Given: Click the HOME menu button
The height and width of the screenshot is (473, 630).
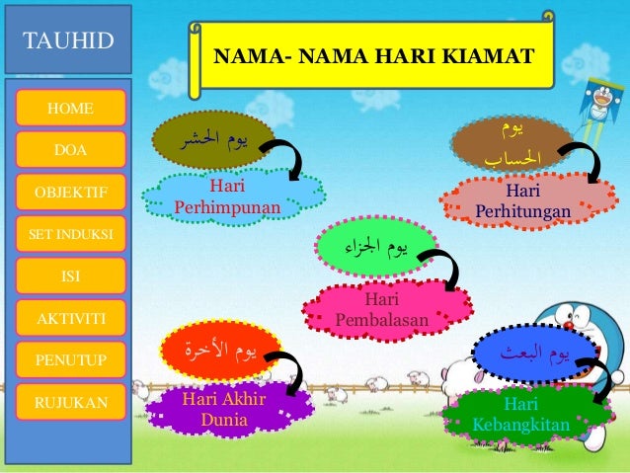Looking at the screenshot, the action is pyautogui.click(x=70, y=107).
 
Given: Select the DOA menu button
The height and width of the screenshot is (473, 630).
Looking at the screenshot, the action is pyautogui.click(x=70, y=148).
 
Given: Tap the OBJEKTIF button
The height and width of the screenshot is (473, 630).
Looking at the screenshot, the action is pyautogui.click(x=70, y=191).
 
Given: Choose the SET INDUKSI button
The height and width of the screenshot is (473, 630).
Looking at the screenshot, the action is pyautogui.click(x=70, y=233).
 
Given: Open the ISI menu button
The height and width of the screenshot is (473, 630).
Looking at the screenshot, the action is pyautogui.click(x=70, y=276).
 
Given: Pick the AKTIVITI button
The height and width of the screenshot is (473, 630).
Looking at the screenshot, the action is pyautogui.click(x=70, y=318).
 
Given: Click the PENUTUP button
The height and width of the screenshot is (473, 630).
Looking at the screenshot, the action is pyautogui.click(x=70, y=359).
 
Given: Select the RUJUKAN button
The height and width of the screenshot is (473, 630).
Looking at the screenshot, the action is pyautogui.click(x=70, y=402).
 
